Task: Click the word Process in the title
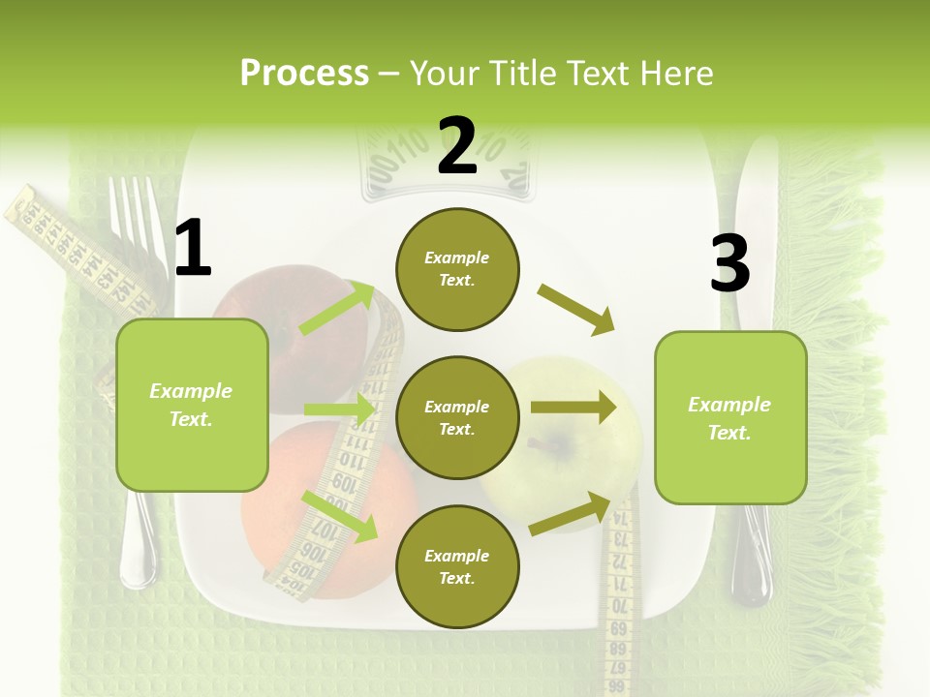[x=304, y=74]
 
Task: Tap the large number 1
[x=193, y=249]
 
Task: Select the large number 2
[x=457, y=146]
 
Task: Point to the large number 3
[x=729, y=263]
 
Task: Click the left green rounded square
[x=192, y=405]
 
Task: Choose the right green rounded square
[x=730, y=417]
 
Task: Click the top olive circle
[x=457, y=269]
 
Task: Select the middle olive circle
[x=457, y=418]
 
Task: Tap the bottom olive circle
[x=457, y=567]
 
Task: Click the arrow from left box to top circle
[x=338, y=308]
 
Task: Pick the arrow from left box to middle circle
[x=339, y=409]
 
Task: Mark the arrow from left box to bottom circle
[x=339, y=515]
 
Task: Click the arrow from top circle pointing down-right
[x=576, y=309]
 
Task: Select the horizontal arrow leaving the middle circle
[x=573, y=408]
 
